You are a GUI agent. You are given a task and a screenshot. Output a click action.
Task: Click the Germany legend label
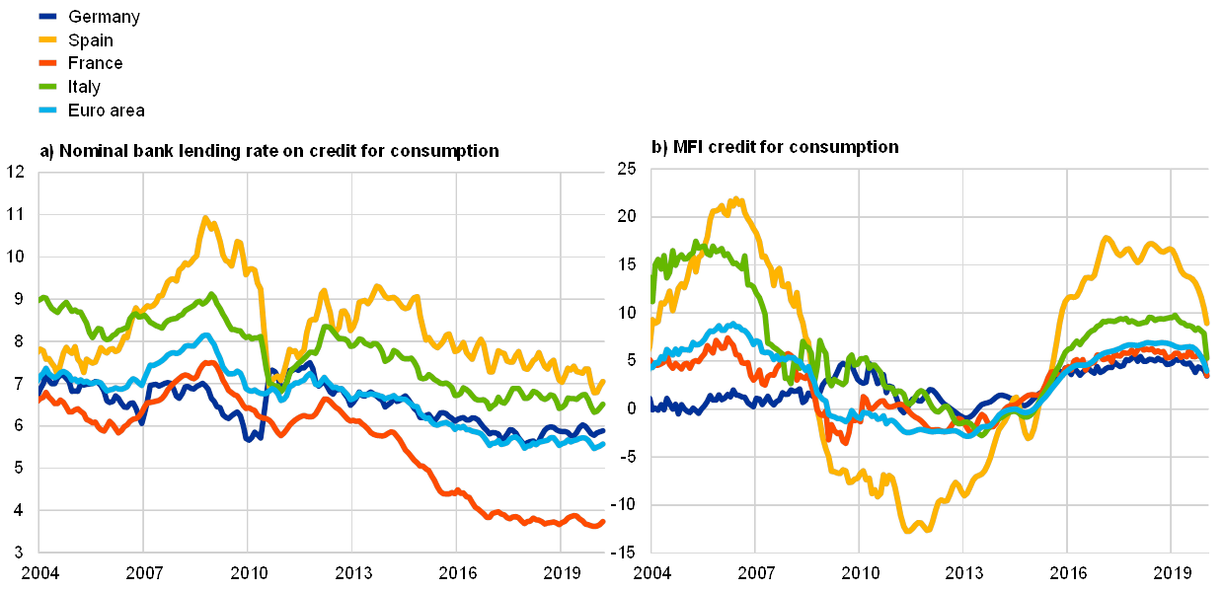[x=105, y=17]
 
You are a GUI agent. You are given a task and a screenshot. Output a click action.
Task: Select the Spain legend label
[x=91, y=40]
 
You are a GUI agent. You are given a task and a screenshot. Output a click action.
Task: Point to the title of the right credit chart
[x=776, y=146]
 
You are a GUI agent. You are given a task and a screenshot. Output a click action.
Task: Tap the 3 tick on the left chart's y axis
[x=18, y=551]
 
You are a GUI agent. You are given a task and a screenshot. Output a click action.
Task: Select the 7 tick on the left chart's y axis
[x=18, y=383]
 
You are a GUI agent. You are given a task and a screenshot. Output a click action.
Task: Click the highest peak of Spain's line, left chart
[x=205, y=218]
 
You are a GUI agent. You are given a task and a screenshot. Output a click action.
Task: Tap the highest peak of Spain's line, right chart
[x=738, y=198]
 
